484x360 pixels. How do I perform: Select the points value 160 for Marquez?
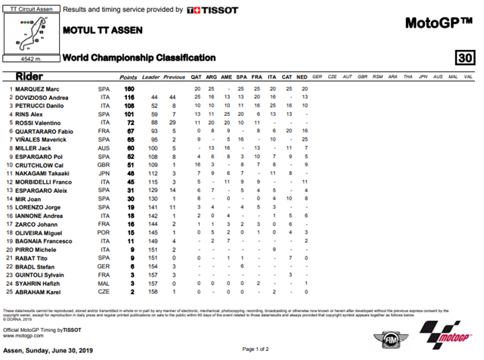pos(128,89)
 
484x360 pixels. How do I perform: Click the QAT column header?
pos(197,77)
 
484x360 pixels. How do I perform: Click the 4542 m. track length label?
pos(30,57)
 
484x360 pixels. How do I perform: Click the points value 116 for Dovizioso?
pos(128,98)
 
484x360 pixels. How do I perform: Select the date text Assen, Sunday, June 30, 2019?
pos(46,351)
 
